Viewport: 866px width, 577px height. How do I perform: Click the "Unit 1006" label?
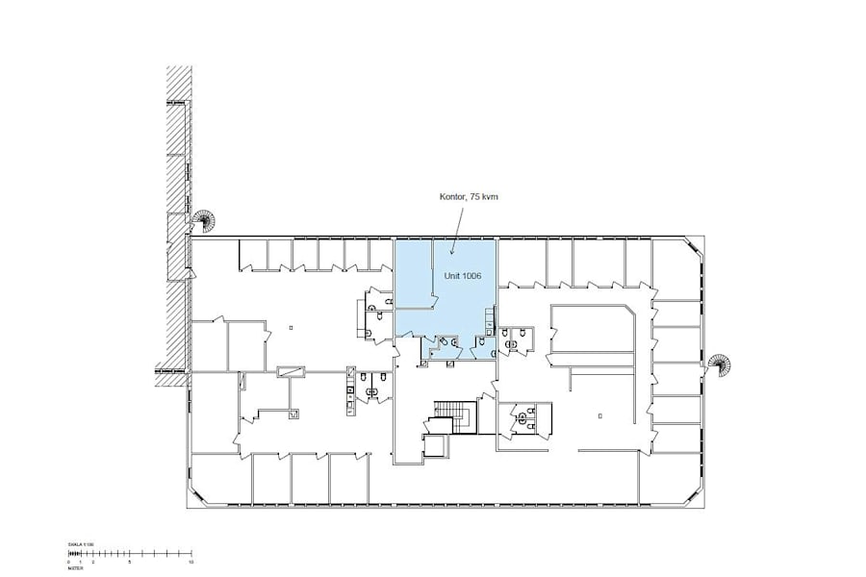click(x=462, y=275)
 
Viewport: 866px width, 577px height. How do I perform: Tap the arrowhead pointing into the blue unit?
click(x=451, y=254)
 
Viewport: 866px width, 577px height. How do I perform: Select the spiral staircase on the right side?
click(x=718, y=364)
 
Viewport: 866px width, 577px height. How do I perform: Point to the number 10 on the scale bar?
click(x=192, y=561)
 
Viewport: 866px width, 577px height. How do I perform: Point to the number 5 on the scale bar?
click(x=129, y=561)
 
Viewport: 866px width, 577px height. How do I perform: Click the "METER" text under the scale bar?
click(x=74, y=567)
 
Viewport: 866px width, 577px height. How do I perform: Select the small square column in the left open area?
click(x=291, y=327)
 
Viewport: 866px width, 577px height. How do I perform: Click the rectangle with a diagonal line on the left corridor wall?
click(x=290, y=369)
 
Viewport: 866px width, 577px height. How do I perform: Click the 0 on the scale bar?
click(x=69, y=561)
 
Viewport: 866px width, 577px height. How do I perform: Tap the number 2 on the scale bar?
click(x=93, y=561)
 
